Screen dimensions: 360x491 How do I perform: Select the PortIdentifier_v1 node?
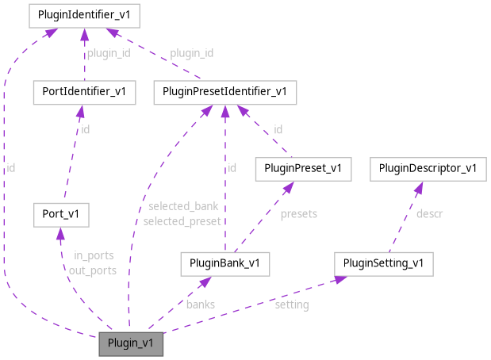click(82, 92)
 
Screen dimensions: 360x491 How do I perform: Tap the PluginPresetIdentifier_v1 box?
click(225, 92)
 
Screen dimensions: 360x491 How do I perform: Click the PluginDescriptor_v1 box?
click(428, 168)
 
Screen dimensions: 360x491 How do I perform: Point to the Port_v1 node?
click(61, 213)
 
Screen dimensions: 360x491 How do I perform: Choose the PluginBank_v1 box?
click(225, 263)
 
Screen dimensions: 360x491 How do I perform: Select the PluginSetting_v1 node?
click(383, 263)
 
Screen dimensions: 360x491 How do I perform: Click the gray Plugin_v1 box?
click(131, 344)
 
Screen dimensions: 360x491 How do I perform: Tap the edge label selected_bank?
click(183, 207)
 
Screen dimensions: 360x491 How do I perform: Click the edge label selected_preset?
click(182, 221)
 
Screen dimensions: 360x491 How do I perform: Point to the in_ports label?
click(94, 255)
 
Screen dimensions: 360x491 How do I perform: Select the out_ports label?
click(93, 270)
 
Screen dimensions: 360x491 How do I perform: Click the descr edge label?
click(429, 213)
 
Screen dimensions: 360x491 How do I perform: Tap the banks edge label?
click(201, 304)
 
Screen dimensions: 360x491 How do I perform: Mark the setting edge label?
click(291, 304)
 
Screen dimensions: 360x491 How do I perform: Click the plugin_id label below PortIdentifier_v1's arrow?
click(108, 53)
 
